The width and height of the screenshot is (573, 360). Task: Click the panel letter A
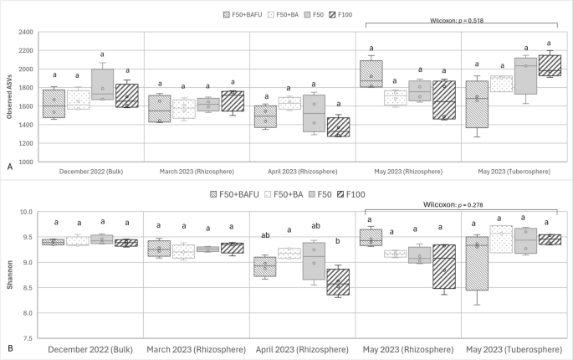[x=8, y=167]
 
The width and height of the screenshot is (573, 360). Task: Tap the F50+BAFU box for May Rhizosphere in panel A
[x=371, y=74]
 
